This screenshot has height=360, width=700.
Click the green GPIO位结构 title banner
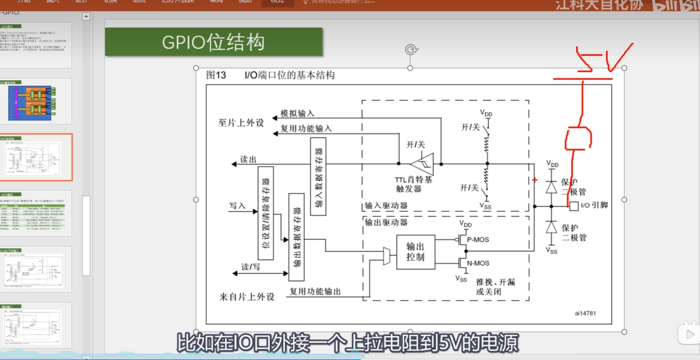pyautogui.click(x=213, y=42)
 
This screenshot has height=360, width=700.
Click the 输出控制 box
pyautogui.click(x=416, y=252)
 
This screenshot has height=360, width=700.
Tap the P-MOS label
pyautogui.click(x=478, y=240)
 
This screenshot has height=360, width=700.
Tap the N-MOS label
pyautogui.click(x=478, y=263)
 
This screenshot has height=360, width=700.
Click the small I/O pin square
pyautogui.click(x=574, y=206)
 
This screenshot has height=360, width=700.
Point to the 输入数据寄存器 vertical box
pyautogui.click(x=318, y=176)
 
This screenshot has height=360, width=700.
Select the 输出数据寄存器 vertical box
pyautogui.click(x=296, y=237)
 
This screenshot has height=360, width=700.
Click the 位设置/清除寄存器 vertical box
pyautogui.click(x=266, y=213)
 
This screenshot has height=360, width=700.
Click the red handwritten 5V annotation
pyautogui.click(x=603, y=59)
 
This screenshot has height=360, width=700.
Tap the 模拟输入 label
pyautogui.click(x=297, y=113)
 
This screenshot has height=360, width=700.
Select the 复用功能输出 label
pyautogui.click(x=315, y=291)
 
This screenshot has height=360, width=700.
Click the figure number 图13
pyautogui.click(x=216, y=75)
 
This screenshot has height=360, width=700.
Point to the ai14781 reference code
pyautogui.click(x=585, y=313)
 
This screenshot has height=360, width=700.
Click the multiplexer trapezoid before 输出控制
pyautogui.click(x=387, y=256)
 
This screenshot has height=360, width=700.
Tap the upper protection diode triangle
pyautogui.click(x=551, y=187)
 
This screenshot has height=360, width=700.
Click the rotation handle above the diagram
pyautogui.click(x=411, y=50)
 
